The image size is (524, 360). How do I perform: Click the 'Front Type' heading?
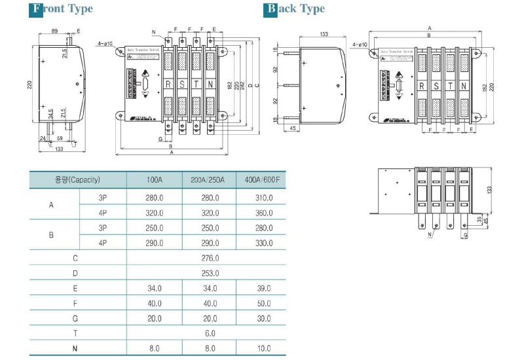pos(62,9)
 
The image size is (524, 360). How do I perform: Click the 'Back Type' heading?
pos(295,9)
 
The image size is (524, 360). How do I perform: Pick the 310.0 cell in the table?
pos(261,197)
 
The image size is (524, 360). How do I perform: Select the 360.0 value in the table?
pos(261,213)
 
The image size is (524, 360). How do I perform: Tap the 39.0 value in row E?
pos(261,289)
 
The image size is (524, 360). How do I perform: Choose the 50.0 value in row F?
pos(261,304)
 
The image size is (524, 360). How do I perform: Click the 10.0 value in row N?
pos(261,349)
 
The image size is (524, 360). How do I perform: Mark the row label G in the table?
pos(75,318)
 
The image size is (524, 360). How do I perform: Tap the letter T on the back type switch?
pos(450,86)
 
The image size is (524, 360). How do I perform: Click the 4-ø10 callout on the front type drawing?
pos(105,43)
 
